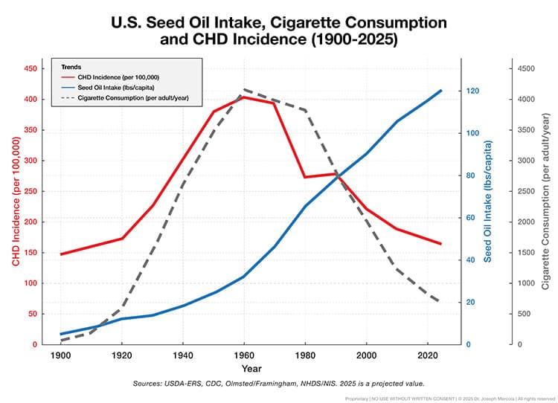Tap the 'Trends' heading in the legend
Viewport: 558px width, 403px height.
(71, 67)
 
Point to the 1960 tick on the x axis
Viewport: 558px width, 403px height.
(243, 355)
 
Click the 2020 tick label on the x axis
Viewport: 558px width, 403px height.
(426, 355)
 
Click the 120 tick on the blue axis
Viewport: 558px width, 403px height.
(471, 91)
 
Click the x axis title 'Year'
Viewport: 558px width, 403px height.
(251, 368)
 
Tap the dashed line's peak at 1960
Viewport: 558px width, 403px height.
(243, 90)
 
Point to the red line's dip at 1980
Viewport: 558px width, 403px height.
(304, 177)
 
